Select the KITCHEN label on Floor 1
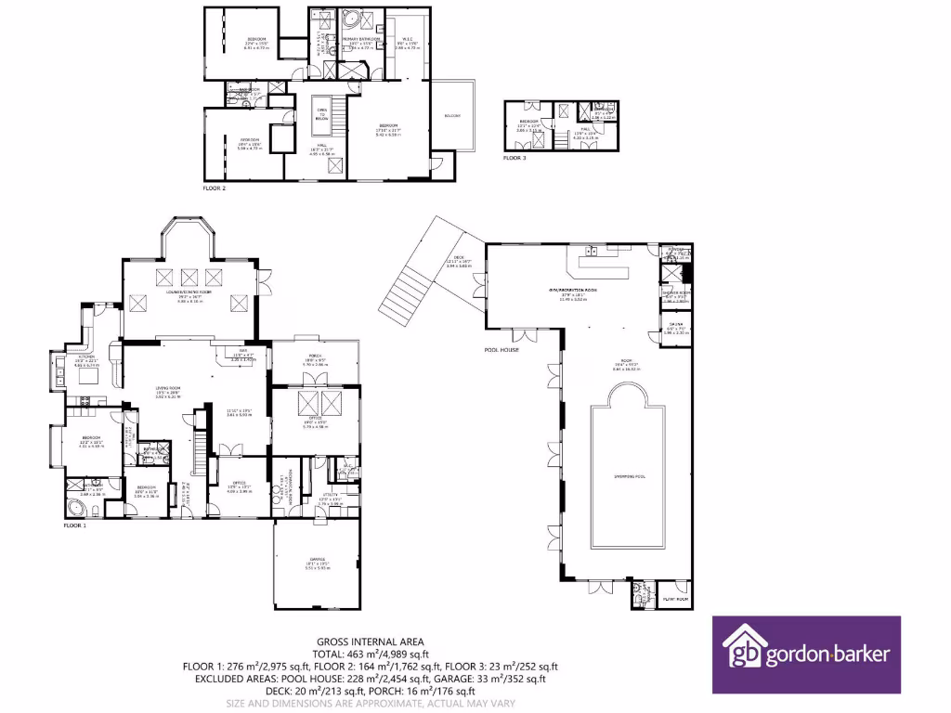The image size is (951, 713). click(86, 356)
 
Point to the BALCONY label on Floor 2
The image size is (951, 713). click(452, 116)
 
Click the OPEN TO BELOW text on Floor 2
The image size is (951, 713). click(322, 112)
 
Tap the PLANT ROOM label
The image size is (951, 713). click(674, 599)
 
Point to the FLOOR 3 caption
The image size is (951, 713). click(515, 159)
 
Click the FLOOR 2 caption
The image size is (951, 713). click(215, 188)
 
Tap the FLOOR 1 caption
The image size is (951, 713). click(74, 525)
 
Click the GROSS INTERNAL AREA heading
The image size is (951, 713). click(371, 642)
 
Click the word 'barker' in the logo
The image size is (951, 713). click(860, 655)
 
